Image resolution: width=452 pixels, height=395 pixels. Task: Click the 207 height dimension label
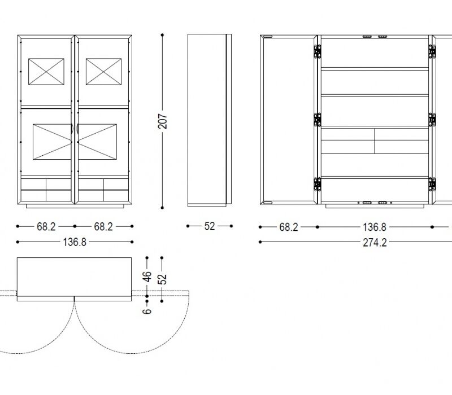[x=163, y=121]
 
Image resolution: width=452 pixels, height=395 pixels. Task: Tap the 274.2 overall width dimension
[x=375, y=243]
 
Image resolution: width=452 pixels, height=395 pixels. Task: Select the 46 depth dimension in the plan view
[x=147, y=276]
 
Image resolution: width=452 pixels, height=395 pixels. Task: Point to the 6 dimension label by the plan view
[x=147, y=311]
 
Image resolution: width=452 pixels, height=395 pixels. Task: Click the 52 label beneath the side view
[x=210, y=226]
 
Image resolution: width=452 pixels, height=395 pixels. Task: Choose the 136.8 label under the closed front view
[x=75, y=242]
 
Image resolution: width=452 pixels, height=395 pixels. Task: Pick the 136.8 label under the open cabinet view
[x=375, y=227]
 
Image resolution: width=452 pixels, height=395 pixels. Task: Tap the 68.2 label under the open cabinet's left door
[x=289, y=227]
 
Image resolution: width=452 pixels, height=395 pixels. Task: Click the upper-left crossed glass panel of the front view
[x=46, y=72]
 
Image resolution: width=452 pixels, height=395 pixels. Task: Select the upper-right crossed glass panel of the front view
[x=103, y=72]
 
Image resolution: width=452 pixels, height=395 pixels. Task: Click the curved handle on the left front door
[x=72, y=129]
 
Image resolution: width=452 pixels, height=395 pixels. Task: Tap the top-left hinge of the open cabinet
[x=317, y=51]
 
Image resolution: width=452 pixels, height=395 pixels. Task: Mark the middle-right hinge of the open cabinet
[x=432, y=120]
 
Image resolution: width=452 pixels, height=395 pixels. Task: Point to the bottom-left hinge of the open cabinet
[x=317, y=185]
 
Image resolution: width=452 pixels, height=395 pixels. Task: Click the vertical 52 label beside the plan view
[x=162, y=279]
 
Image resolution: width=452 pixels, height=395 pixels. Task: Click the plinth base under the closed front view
[x=75, y=206]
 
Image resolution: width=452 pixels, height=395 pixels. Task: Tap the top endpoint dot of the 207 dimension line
[x=162, y=35]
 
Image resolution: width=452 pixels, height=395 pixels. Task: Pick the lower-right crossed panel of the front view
[x=97, y=142]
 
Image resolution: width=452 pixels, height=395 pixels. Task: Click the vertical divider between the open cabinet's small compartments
[x=375, y=141]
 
